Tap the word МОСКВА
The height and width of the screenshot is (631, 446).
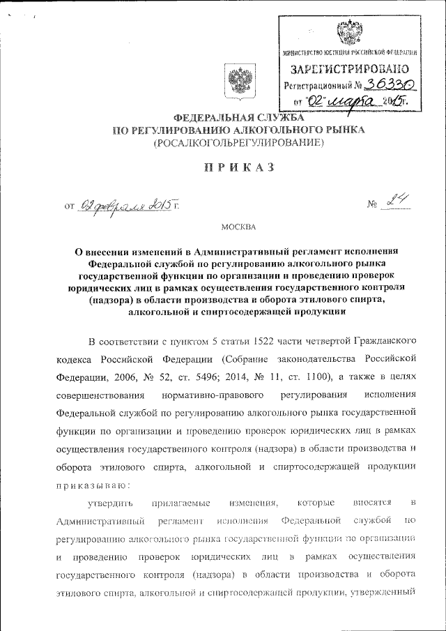[238, 227]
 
